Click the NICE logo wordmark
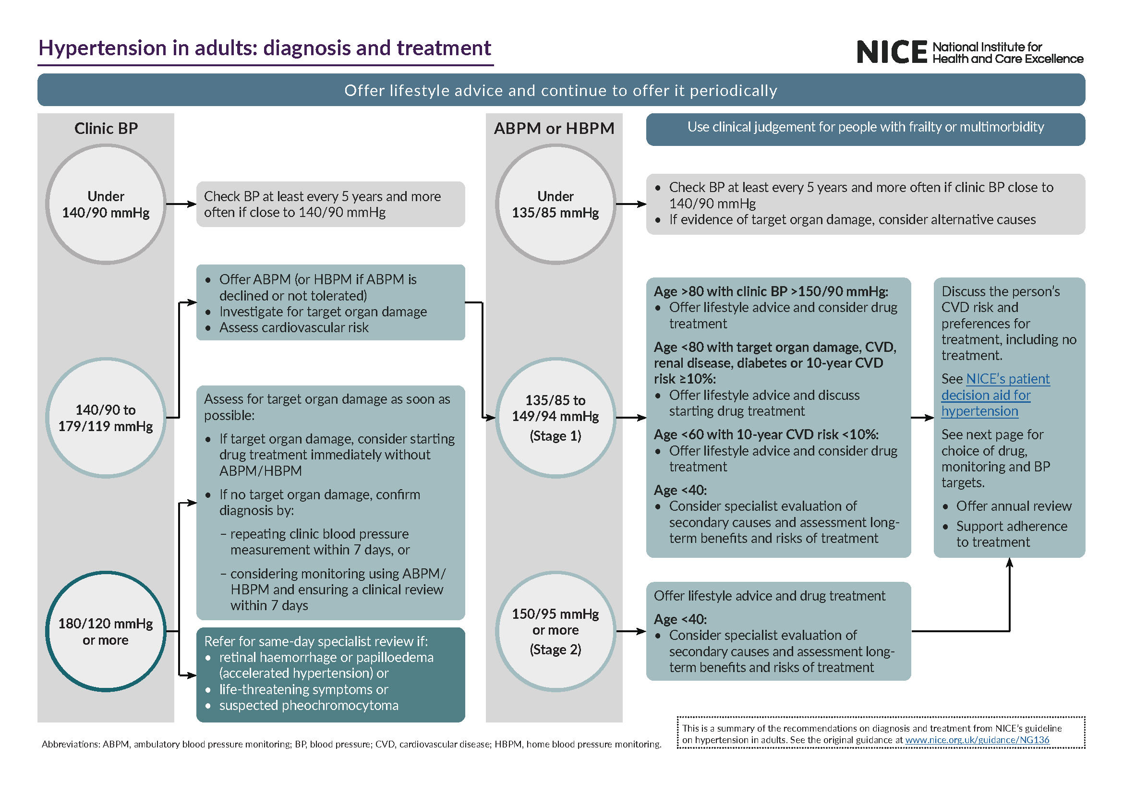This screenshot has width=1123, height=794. [891, 52]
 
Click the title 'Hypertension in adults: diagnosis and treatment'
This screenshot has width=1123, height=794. [265, 48]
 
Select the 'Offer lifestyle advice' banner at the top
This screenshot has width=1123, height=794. [560, 90]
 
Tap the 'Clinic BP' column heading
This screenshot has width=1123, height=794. [106, 129]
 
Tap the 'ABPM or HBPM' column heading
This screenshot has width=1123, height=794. [554, 129]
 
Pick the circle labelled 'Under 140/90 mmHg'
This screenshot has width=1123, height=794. [106, 205]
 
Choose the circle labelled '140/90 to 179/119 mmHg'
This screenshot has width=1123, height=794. [106, 418]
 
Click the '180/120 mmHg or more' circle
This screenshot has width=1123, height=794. [106, 631]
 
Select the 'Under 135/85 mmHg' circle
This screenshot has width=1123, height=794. [555, 205]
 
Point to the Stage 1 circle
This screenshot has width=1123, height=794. [555, 418]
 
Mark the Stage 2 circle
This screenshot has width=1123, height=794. [555, 631]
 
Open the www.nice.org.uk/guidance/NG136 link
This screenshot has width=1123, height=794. [977, 740]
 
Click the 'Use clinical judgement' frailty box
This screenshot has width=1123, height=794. [865, 128]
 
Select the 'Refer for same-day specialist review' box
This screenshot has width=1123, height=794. [330, 674]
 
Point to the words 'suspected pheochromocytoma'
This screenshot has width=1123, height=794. [309, 706]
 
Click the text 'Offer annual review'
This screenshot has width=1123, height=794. [1014, 506]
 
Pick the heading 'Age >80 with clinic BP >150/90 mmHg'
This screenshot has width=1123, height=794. [771, 292]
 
